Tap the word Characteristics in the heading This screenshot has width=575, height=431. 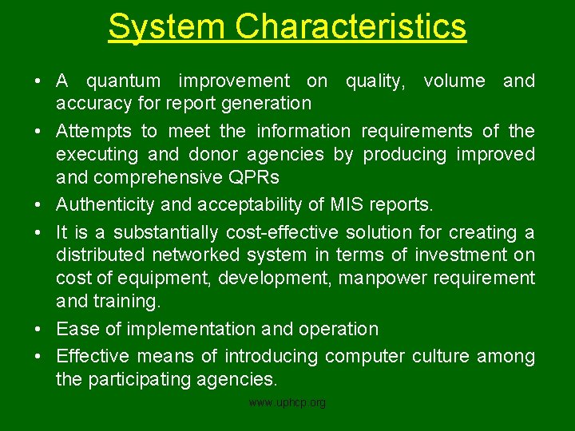pos(351,26)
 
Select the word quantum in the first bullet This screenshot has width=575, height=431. pos(123,81)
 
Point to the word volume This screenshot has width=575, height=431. pos(454,81)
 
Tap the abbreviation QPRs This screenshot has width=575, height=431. pos(244,176)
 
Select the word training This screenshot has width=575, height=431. pos(129,300)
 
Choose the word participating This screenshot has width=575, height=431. pos(152,378)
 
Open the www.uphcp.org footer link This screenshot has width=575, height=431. pos(287,403)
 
